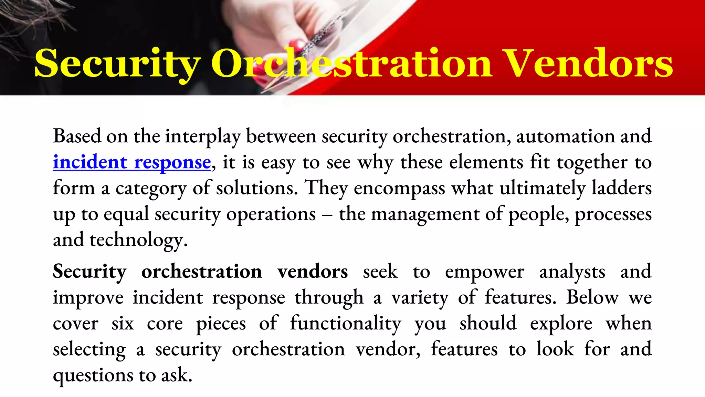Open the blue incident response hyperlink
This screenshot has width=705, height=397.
132,162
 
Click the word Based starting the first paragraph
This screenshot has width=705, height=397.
77,136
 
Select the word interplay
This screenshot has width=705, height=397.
203,136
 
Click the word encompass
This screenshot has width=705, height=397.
399,189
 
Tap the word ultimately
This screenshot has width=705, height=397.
543,189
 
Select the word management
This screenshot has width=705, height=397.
425,214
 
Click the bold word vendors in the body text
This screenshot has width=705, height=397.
313,272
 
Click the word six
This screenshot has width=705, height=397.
123,324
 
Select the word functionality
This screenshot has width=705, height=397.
345,324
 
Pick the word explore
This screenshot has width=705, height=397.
561,324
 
